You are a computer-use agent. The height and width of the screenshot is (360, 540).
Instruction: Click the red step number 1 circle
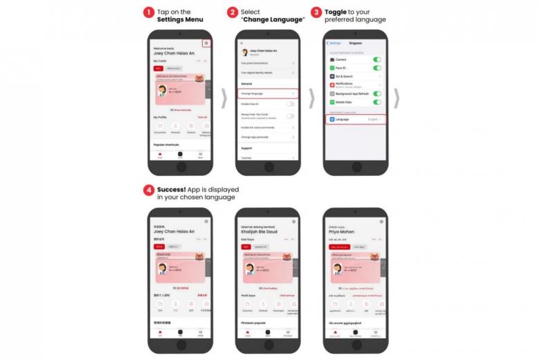click(x=148, y=12)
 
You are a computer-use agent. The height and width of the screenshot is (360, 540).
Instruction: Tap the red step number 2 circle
click(x=233, y=12)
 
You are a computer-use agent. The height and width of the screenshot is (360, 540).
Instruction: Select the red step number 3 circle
click(x=317, y=12)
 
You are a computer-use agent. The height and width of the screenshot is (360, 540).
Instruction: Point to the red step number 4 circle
click(x=148, y=189)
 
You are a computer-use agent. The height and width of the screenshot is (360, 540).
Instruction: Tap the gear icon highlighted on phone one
click(x=206, y=44)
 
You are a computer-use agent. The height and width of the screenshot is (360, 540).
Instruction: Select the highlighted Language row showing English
click(x=355, y=119)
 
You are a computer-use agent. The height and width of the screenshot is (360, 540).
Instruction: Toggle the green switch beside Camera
click(x=377, y=60)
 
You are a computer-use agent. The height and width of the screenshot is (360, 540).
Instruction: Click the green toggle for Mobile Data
click(x=377, y=102)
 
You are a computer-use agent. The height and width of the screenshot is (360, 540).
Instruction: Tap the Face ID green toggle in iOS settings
click(x=377, y=68)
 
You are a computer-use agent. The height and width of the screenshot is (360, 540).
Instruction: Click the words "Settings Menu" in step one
click(x=180, y=20)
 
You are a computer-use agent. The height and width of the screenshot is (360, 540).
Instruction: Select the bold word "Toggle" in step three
click(x=336, y=12)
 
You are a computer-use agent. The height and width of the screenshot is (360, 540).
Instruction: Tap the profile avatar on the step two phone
click(x=244, y=52)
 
